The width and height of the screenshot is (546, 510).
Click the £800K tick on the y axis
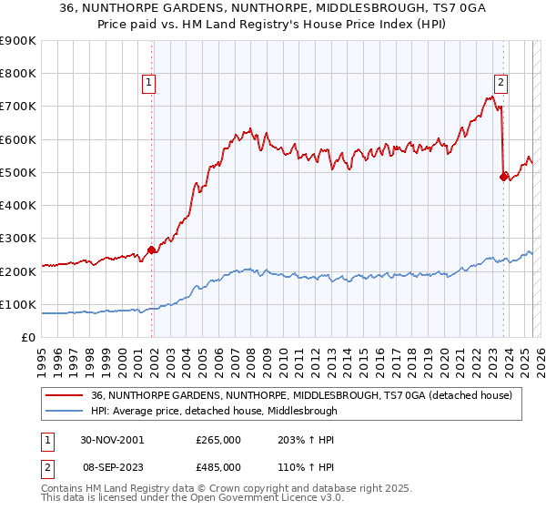pyautogui.click(x=18, y=73)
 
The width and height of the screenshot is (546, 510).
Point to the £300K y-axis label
pyautogui.click(x=18, y=239)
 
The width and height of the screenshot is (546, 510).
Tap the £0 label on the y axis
pyautogui.click(x=28, y=338)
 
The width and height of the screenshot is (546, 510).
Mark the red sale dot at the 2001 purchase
pyautogui.click(x=151, y=250)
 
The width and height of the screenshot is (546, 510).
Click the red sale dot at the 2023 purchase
pyautogui.click(x=503, y=177)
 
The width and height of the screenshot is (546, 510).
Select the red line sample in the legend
pyautogui.click(x=64, y=395)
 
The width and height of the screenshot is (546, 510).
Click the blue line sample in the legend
pyautogui.click(x=64, y=411)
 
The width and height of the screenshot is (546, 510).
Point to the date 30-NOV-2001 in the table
pyautogui.click(x=112, y=439)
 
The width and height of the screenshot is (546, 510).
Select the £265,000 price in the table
pyautogui.click(x=218, y=439)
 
